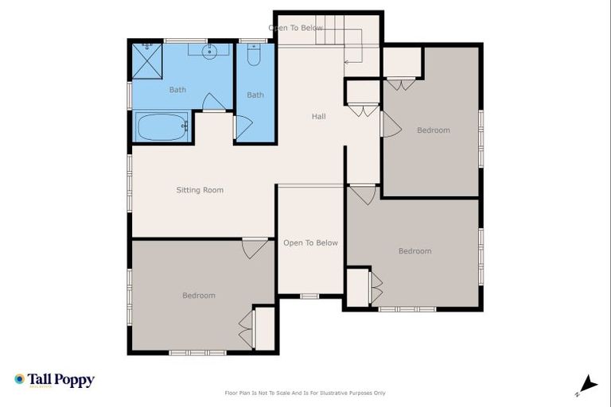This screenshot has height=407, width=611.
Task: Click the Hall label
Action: click(x=318, y=117)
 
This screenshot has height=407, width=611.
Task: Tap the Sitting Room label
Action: click(x=200, y=190)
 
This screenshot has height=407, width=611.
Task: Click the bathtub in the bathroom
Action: click(x=162, y=126)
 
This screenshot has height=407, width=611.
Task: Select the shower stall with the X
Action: click(x=146, y=60)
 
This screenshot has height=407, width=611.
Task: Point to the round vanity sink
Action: click(x=209, y=52)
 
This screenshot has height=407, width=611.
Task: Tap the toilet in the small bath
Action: click(x=254, y=56)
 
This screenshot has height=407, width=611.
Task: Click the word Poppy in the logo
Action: click(x=73, y=380)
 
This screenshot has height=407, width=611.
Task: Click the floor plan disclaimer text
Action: click(x=305, y=393)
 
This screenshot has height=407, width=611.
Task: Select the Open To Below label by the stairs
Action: click(x=296, y=28)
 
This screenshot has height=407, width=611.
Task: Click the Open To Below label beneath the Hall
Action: click(x=310, y=243)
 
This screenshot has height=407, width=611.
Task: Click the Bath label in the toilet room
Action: click(x=255, y=95)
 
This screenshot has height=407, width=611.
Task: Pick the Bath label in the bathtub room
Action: click(x=177, y=90)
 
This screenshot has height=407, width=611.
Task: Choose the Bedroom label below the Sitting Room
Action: click(x=199, y=296)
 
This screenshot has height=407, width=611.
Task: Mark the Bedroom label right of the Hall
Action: click(x=434, y=130)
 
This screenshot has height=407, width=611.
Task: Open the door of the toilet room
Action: click(x=243, y=127)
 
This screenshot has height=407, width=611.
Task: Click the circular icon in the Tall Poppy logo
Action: click(x=19, y=379)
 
